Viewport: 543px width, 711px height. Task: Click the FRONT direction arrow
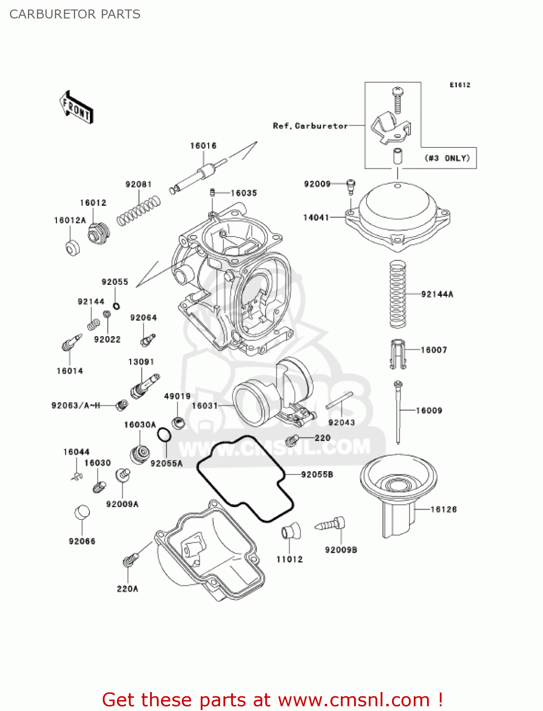coord(76,108)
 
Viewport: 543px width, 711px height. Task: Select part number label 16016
coord(203,146)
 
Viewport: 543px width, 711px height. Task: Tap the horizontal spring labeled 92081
coord(138,211)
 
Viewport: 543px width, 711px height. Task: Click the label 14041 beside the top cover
coord(316,218)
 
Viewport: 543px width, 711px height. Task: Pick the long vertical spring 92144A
coord(398,295)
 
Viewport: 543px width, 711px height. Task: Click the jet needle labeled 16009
coord(399,412)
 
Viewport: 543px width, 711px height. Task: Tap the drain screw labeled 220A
coord(130,561)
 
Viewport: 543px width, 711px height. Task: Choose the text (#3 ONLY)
coord(447,158)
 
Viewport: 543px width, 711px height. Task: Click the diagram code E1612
coord(460,85)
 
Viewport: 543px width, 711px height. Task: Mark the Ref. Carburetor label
coord(310,126)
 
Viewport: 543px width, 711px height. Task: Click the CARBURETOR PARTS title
coord(75,14)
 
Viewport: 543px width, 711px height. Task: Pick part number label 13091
coord(141,362)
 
